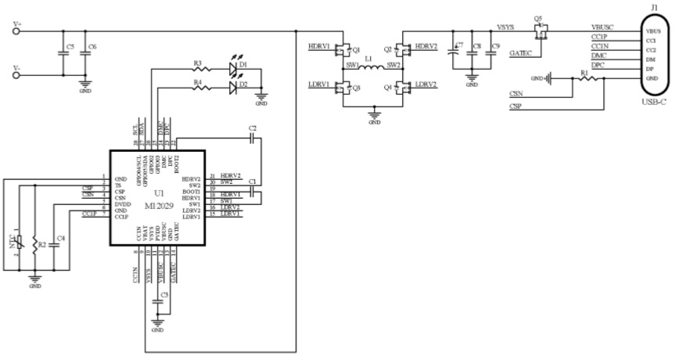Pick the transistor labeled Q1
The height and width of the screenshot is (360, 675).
tap(343, 50)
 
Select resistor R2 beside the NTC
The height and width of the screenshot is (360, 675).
tap(35, 244)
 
